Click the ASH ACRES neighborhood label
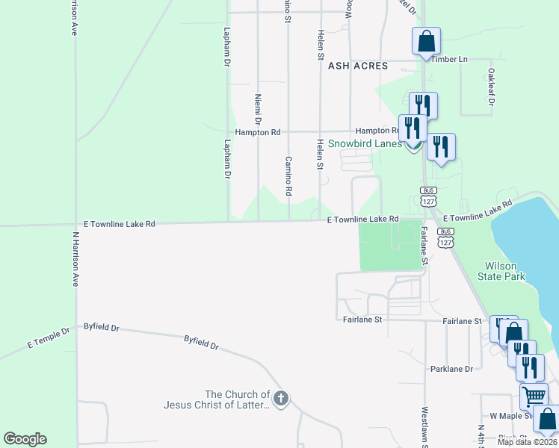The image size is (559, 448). point(358,66)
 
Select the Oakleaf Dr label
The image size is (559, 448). point(491,87)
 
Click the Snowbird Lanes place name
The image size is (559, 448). point(365,143)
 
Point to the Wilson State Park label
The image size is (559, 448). point(505,271)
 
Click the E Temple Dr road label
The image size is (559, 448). point(48,337)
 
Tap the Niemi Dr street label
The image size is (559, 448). point(258,109)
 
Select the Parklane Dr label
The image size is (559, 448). point(451,369)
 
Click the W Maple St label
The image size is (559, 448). point(510,415)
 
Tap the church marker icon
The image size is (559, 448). point(280,399)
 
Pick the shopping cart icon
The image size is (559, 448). point(534,396)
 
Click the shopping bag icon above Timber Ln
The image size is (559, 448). point(426,41)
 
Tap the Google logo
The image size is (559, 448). point(25,439)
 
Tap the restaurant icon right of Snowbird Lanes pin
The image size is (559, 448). point(441,146)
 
